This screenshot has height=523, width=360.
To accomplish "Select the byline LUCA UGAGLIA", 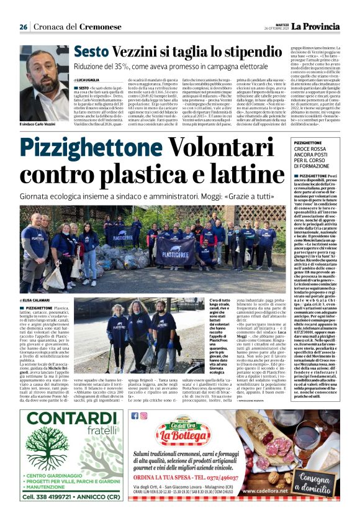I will pyautogui.click(x=89, y=81).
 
